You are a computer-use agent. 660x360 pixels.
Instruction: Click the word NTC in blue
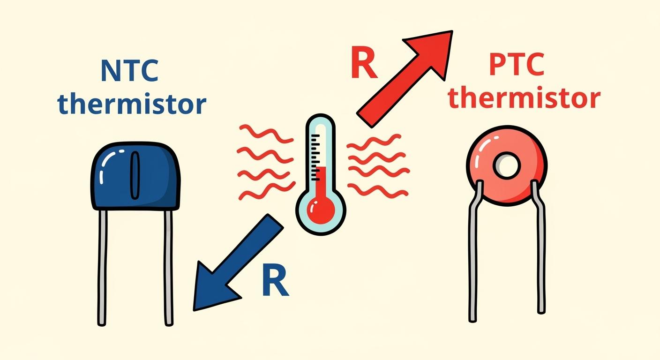(130, 71)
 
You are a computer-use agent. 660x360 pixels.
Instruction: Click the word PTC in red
(517, 65)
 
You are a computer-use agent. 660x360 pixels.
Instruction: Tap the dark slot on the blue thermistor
(135, 174)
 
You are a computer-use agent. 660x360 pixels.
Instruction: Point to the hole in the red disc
(506, 165)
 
